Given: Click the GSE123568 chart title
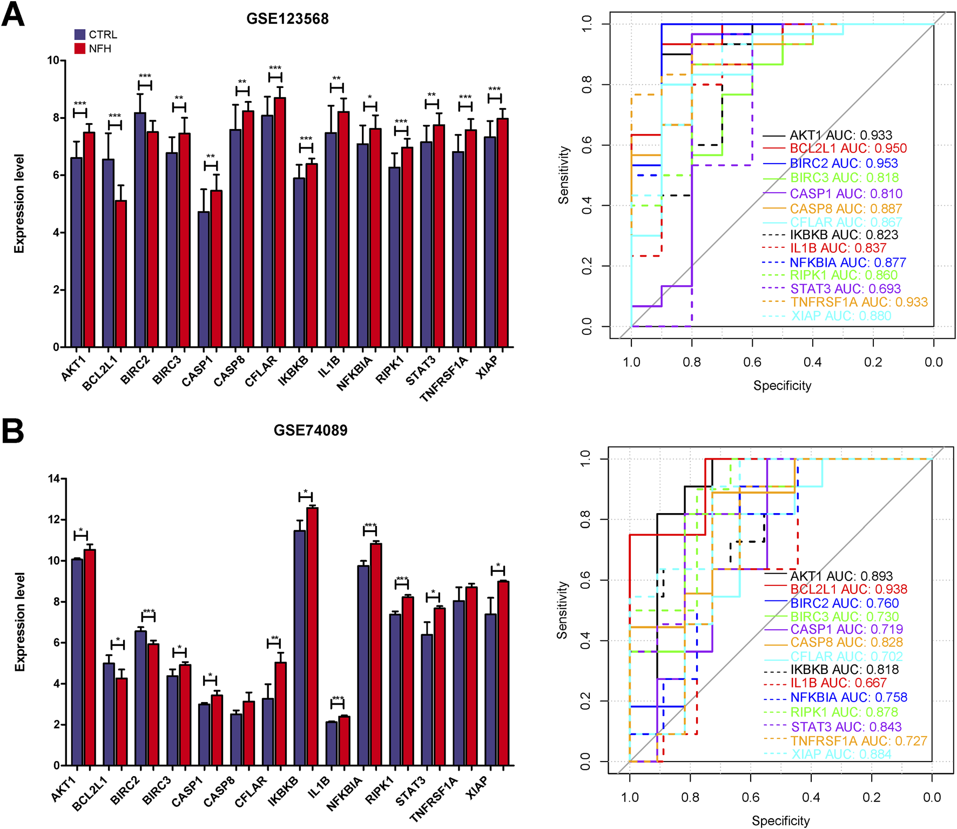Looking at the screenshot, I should click(287, 19).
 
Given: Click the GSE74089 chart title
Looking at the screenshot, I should click(311, 430).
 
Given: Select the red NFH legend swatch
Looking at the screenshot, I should click(80, 49).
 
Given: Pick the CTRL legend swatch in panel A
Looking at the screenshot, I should click(80, 35).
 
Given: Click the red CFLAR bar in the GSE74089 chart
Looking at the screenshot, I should click(280, 713).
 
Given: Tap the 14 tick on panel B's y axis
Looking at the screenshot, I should click(54, 478).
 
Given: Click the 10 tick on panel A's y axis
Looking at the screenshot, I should click(53, 60).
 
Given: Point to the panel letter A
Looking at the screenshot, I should click(13, 15).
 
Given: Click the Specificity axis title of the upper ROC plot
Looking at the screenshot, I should click(782, 386).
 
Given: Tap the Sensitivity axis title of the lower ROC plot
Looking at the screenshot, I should click(562, 610).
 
